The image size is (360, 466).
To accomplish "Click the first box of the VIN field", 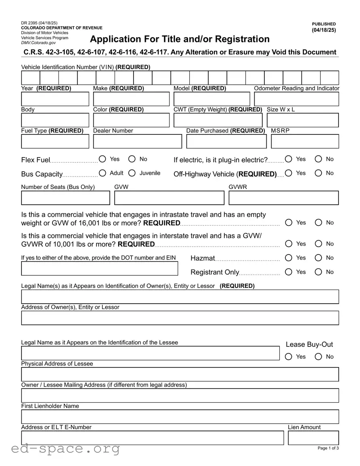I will click(x=31, y=78).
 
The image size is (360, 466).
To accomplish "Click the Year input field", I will click(x=55, y=99).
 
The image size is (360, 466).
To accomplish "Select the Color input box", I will click(x=131, y=120).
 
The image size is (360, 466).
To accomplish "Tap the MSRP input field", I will click(x=305, y=141).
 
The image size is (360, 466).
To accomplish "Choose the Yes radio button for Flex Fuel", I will click(x=103, y=159).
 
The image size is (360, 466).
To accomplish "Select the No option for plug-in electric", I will click(x=318, y=159).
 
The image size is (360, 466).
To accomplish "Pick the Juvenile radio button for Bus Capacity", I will click(x=132, y=173).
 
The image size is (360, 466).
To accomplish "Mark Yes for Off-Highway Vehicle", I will click(x=289, y=173).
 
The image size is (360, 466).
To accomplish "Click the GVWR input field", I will click(x=283, y=198).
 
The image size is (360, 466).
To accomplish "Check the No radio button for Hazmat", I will click(x=318, y=258).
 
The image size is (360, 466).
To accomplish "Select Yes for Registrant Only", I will click(x=289, y=272).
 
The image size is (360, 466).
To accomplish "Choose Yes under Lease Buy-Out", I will click(x=289, y=357).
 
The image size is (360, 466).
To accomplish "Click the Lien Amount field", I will click(x=313, y=438).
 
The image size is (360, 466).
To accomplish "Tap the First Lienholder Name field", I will click(x=180, y=417).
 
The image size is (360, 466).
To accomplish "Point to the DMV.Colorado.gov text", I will click(x=38, y=43).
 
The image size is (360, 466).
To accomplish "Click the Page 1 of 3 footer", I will click(x=328, y=448).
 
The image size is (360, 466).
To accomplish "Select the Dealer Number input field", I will click(x=137, y=141).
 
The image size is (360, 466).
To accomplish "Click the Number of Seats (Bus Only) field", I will click(x=65, y=198).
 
